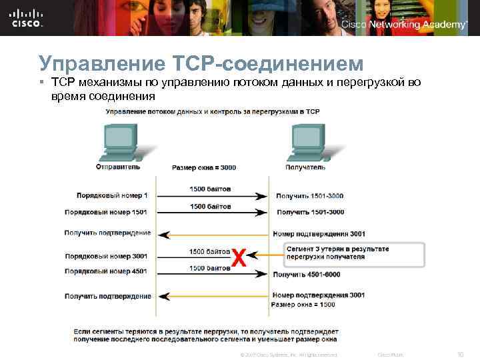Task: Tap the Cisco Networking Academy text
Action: pyautogui.click(x=404, y=24)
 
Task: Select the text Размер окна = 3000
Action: pyautogui.click(x=204, y=167)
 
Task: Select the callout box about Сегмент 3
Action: pyautogui.click(x=352, y=253)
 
